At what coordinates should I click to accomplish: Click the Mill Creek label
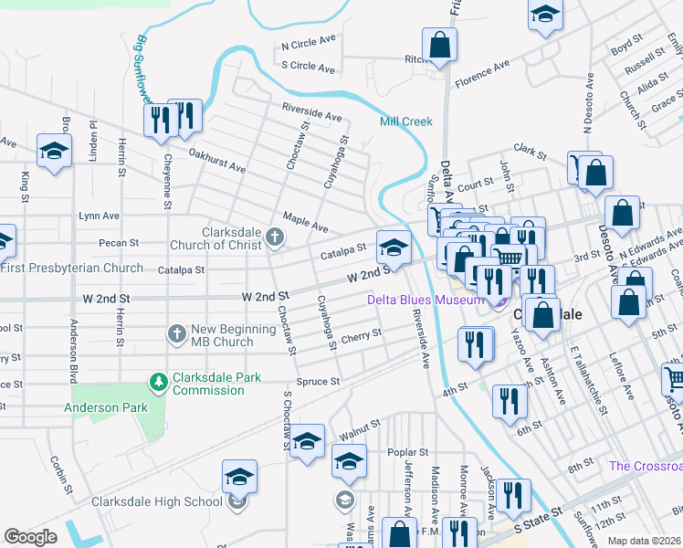[406, 121]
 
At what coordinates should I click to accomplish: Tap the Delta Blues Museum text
[425, 300]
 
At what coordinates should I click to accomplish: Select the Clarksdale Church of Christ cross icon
[274, 238]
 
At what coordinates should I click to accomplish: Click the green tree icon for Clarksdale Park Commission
[159, 379]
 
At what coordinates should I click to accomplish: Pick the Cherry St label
[361, 336]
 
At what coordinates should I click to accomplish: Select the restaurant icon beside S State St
[514, 495]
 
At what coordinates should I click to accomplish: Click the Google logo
[30, 537]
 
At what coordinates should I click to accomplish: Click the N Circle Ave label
[310, 44]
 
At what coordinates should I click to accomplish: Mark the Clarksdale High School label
[155, 501]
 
